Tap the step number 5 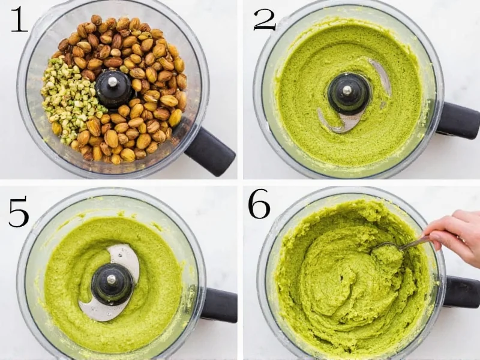click(x=19, y=211)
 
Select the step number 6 click(x=259, y=206)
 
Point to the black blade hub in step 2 click(x=349, y=94)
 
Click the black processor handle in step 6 click(x=461, y=292)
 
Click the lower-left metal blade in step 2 click(x=336, y=123)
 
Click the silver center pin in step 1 click(x=113, y=80)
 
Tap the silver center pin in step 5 click(x=112, y=279)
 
